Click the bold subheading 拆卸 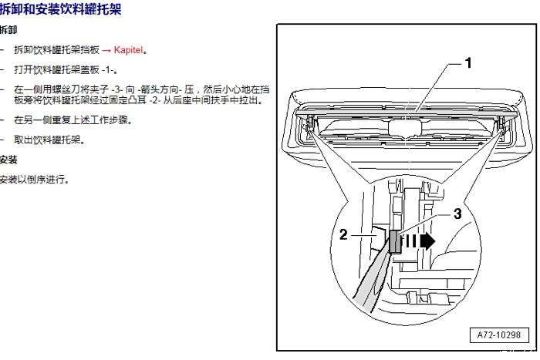pos(7,31)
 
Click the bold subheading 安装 pos(8,160)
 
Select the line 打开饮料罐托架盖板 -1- pos(61,70)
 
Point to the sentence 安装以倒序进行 pos(34,180)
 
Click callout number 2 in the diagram pos(344,235)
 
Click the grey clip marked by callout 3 pos(396,242)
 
